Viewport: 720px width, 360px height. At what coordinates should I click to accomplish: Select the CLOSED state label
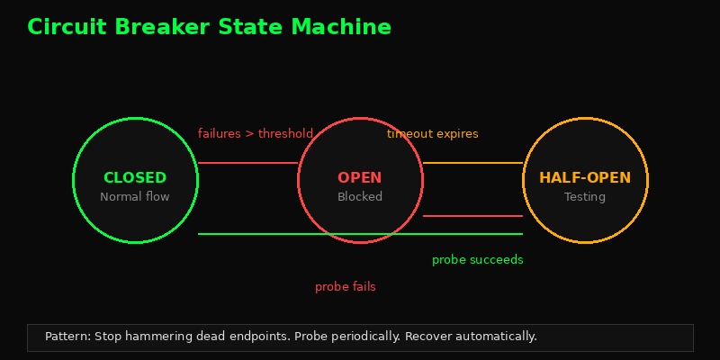(135, 178)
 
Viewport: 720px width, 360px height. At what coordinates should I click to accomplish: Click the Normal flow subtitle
(135, 197)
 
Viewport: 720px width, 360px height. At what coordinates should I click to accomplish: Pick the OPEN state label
(360, 178)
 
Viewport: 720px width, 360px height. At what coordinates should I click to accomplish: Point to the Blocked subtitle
(360, 197)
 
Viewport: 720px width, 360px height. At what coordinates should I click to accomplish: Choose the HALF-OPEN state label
(585, 178)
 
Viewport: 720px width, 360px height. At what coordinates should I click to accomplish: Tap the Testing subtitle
(585, 197)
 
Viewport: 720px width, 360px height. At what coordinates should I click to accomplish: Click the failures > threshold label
(256, 134)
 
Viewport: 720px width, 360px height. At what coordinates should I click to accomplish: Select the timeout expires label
(433, 134)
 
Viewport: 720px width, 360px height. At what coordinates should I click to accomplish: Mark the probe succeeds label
(477, 260)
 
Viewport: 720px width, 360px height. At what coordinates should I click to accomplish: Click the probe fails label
(346, 287)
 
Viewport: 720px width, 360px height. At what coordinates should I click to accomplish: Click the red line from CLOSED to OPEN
(247, 163)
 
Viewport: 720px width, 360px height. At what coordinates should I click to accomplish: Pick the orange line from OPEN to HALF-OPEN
(472, 163)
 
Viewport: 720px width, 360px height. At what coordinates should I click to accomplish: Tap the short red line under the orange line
(472, 216)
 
